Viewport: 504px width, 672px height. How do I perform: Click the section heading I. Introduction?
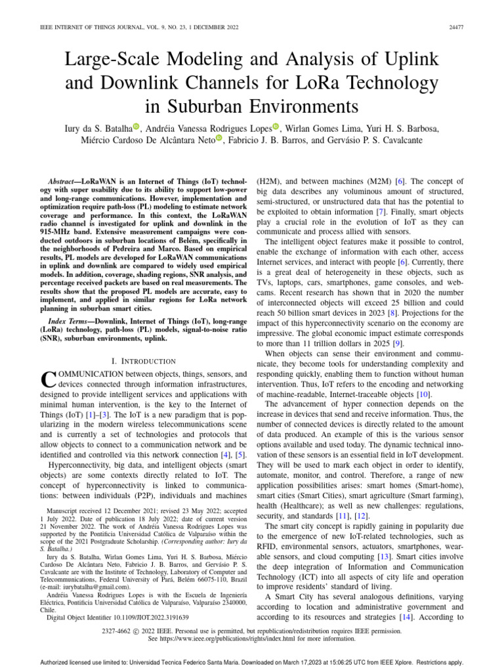tap(145, 361)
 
